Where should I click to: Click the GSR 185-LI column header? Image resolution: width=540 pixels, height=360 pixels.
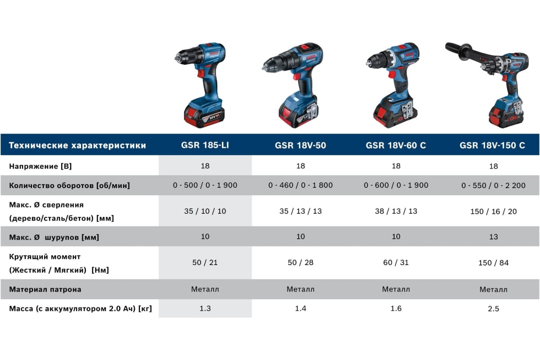coord(205,145)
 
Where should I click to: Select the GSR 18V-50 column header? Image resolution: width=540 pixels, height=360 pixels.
coord(301,145)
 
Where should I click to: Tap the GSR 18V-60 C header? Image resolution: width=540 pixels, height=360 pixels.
coord(396,145)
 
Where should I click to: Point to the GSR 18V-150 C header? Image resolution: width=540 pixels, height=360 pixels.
coord(492,145)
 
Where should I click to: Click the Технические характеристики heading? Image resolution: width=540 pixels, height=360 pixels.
coord(77,145)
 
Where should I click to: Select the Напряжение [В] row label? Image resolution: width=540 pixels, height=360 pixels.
coord(40,166)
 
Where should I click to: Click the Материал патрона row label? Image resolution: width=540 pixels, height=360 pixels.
coord(45,289)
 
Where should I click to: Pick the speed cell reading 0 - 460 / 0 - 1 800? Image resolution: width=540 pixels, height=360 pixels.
coord(301,185)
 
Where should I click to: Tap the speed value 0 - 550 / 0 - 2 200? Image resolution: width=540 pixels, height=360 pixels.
coord(493,185)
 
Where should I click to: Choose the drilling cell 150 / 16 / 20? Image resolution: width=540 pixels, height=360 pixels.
coord(494,211)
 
